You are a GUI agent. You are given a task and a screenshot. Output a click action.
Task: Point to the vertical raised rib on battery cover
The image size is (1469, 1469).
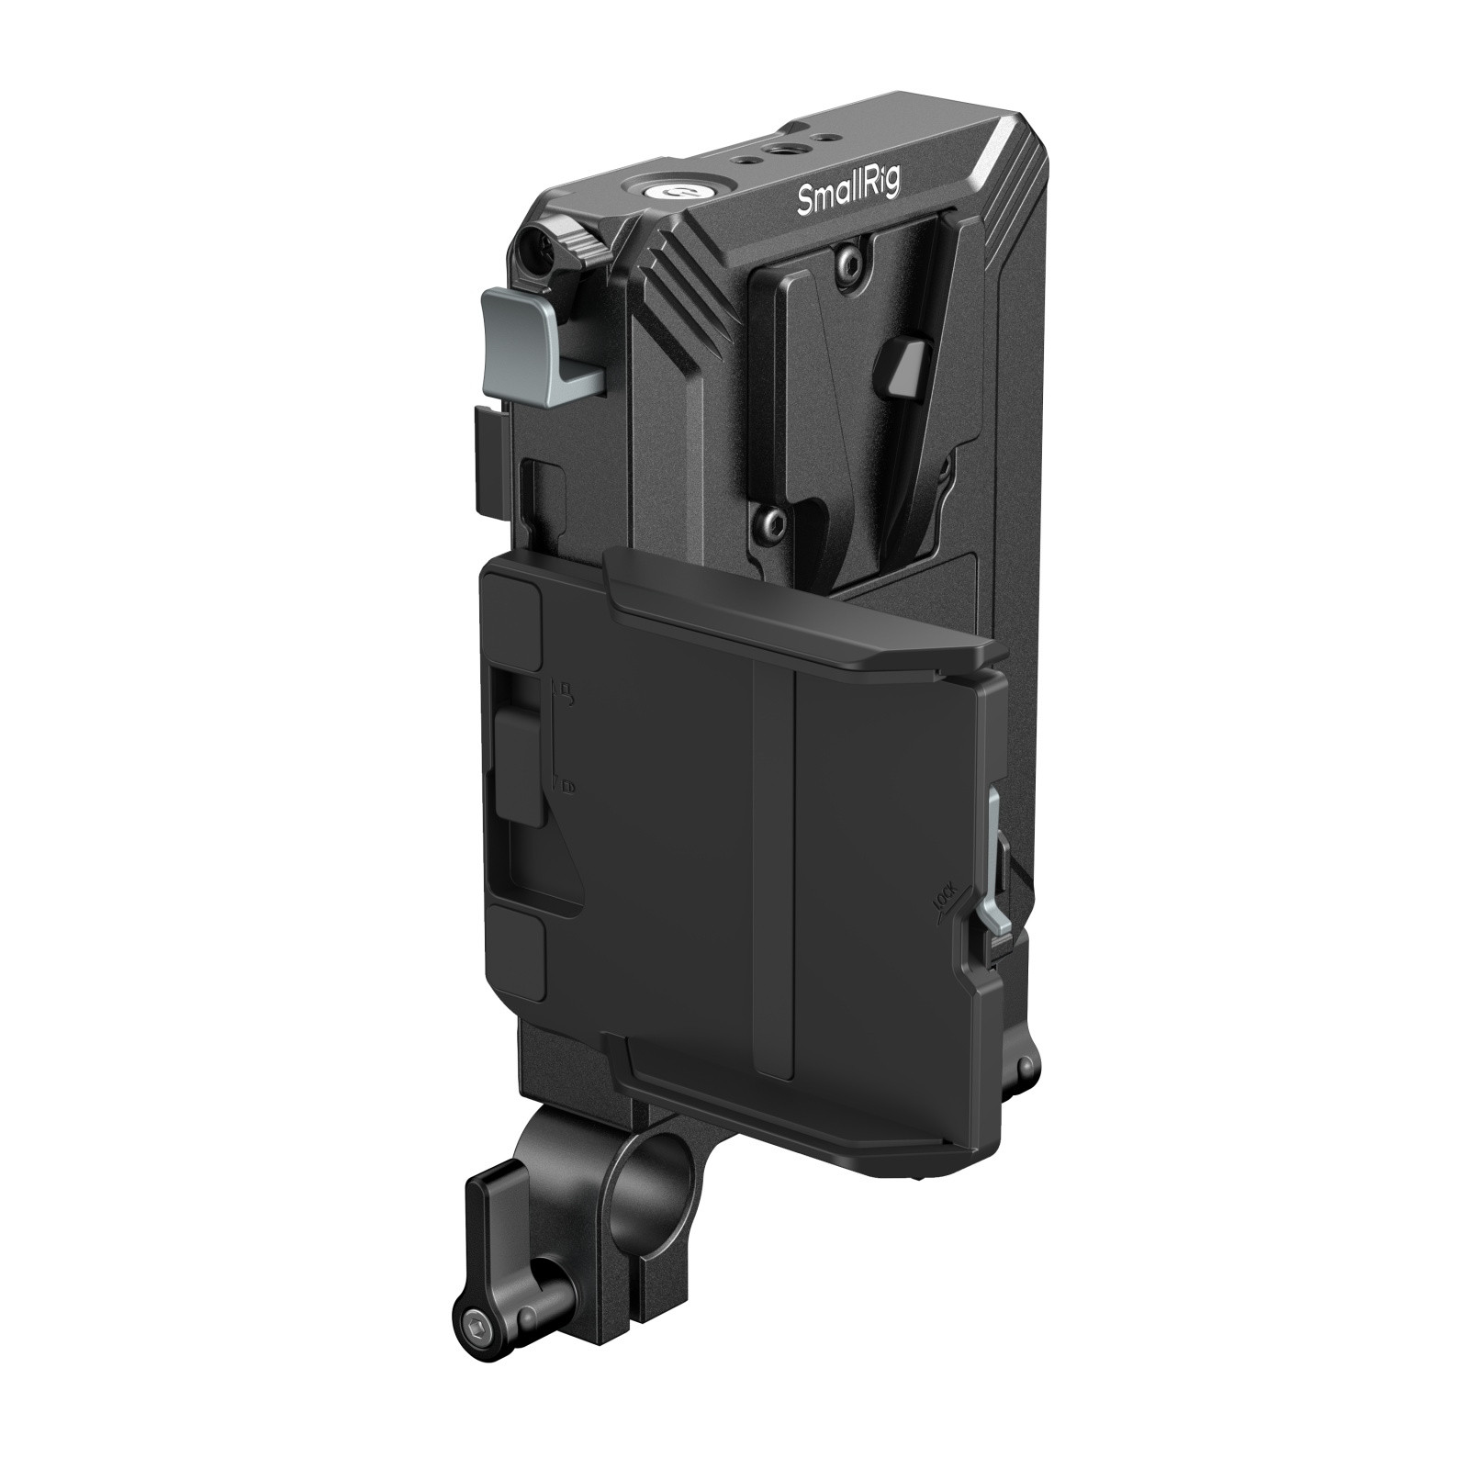773,872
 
